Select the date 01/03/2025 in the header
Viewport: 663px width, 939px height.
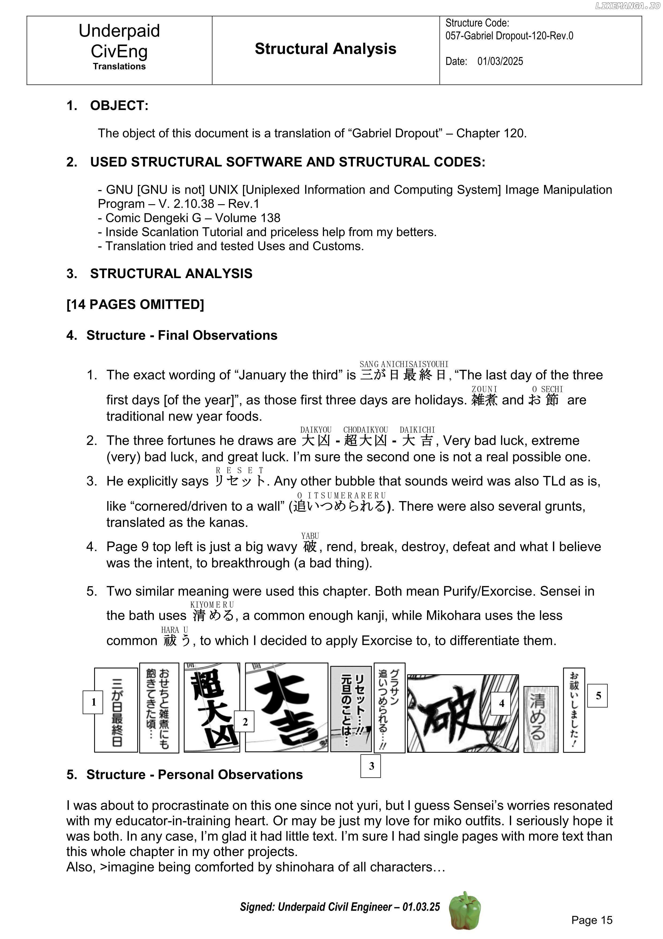500,61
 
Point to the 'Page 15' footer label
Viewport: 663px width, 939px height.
592,920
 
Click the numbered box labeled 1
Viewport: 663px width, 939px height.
93,702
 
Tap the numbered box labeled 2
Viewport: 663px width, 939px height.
244,722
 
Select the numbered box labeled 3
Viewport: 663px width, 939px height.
371,766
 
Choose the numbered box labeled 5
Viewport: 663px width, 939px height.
597,696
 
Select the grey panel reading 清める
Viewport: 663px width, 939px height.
541,719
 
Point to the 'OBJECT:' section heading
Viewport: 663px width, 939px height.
119,106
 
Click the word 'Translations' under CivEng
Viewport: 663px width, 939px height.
119,66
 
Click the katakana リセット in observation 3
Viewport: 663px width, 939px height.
240,481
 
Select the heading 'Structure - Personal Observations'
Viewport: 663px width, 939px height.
194,775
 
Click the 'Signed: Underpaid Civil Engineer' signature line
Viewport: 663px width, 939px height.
340,907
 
